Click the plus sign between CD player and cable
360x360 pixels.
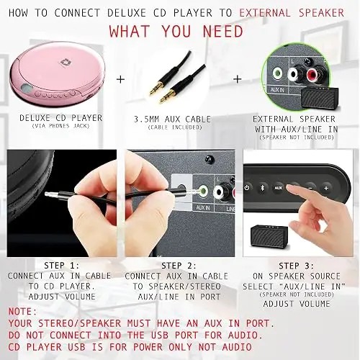(120, 79)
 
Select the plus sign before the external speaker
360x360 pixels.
(238, 78)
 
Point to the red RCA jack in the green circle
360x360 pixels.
(314, 75)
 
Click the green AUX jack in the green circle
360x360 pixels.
(277, 73)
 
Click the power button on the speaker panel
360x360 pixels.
(247, 188)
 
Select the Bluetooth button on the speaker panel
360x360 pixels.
(262, 188)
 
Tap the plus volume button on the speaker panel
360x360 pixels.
(326, 188)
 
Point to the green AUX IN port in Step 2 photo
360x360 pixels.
(203, 191)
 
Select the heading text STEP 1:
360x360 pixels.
(62, 266)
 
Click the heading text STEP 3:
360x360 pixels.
(297, 266)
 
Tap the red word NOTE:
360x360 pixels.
(23, 312)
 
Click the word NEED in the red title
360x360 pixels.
(223, 32)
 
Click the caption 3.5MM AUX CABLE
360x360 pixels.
(172, 119)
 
